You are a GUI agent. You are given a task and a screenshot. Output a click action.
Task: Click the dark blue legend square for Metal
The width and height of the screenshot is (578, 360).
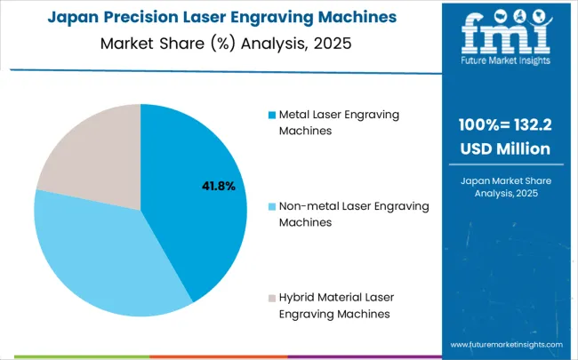(x=271, y=115)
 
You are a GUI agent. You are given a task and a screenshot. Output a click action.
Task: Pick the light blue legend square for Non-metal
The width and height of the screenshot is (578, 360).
(x=271, y=206)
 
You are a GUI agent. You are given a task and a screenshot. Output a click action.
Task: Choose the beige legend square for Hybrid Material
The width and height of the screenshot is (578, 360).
(x=271, y=297)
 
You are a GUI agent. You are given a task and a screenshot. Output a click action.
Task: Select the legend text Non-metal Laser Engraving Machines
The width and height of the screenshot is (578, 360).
(x=354, y=214)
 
